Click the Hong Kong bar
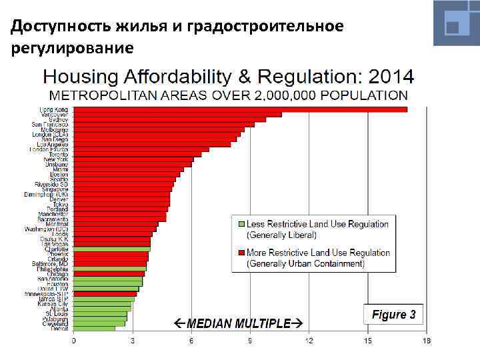pyautogui.click(x=240, y=109)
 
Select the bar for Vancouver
pyautogui.click(x=177, y=115)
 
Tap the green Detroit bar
pyautogui.click(x=94, y=328)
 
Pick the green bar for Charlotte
pyautogui.click(x=111, y=249)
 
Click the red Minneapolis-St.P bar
pyautogui.click(x=105, y=293)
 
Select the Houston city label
pyautogui.click(x=57, y=283)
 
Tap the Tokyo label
pyautogui.click(x=60, y=204)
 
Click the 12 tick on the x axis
pyautogui.click(x=309, y=341)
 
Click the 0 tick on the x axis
pyautogui.click(x=73, y=341)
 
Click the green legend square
pyautogui.click(x=241, y=223)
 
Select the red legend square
pyautogui.click(x=241, y=253)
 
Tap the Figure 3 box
pyautogui.click(x=393, y=315)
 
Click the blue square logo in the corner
pyautogui.click(x=456, y=23)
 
